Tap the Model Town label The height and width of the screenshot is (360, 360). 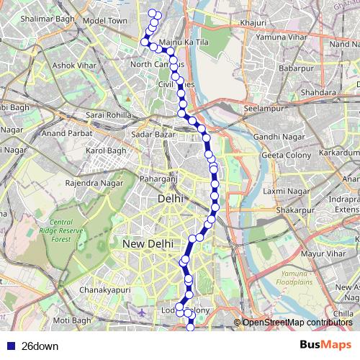point(104,21)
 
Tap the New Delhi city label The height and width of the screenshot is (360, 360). point(147,245)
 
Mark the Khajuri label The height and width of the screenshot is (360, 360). point(254,22)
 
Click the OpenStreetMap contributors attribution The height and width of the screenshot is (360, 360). point(297,323)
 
